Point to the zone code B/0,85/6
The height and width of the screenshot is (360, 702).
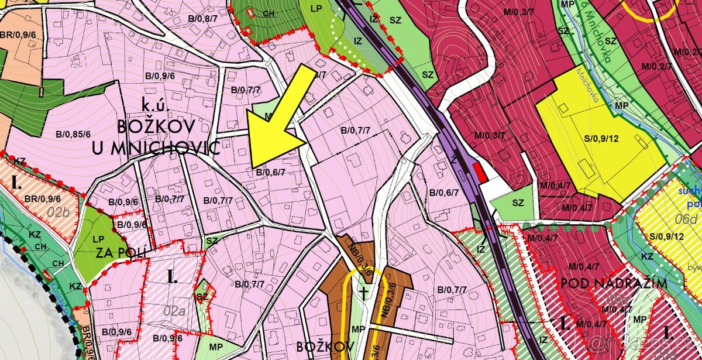(x=68, y=133)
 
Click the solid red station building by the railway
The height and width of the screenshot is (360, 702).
(x=480, y=172)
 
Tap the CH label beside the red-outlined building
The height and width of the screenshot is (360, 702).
(x=269, y=13)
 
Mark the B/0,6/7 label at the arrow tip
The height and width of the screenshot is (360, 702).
(x=270, y=172)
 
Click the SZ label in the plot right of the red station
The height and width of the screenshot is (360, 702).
(x=517, y=203)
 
